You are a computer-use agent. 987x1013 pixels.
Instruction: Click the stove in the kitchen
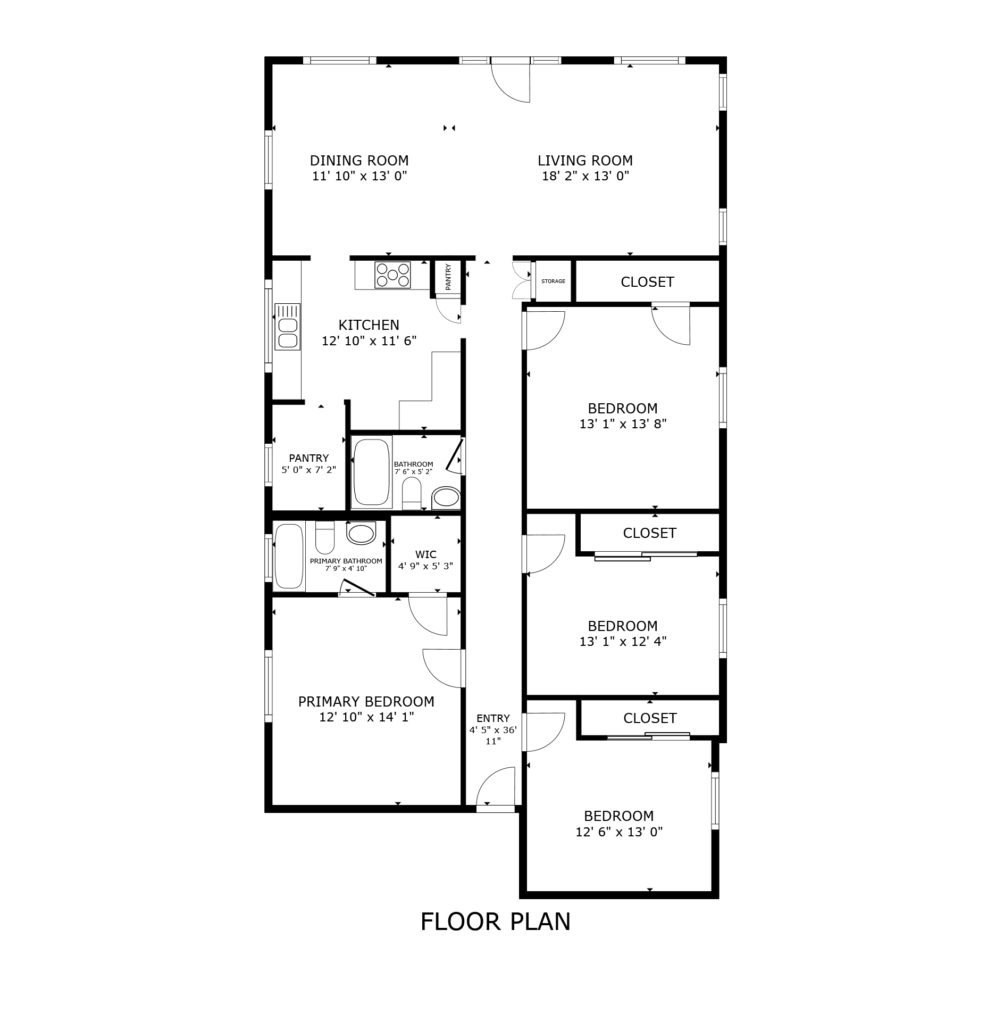click(x=392, y=275)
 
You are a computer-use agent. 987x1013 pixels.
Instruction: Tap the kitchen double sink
click(x=287, y=326)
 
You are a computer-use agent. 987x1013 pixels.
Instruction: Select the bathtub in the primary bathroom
click(x=289, y=557)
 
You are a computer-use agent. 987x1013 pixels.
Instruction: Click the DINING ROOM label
click(x=359, y=161)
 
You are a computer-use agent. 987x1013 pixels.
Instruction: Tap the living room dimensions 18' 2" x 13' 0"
click(x=585, y=176)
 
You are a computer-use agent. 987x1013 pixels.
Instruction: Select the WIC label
click(x=426, y=555)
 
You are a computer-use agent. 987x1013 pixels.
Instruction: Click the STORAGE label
click(x=553, y=281)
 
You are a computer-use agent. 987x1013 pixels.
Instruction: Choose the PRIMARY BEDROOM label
click(x=366, y=702)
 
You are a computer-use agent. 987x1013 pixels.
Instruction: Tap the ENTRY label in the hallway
click(x=493, y=718)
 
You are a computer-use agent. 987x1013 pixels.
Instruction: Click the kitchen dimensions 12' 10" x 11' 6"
click(x=369, y=341)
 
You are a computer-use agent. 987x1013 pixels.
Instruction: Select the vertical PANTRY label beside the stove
click(x=448, y=277)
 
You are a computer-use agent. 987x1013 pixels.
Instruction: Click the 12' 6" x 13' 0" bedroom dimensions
click(x=619, y=832)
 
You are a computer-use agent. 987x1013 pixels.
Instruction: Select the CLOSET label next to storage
click(x=647, y=282)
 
